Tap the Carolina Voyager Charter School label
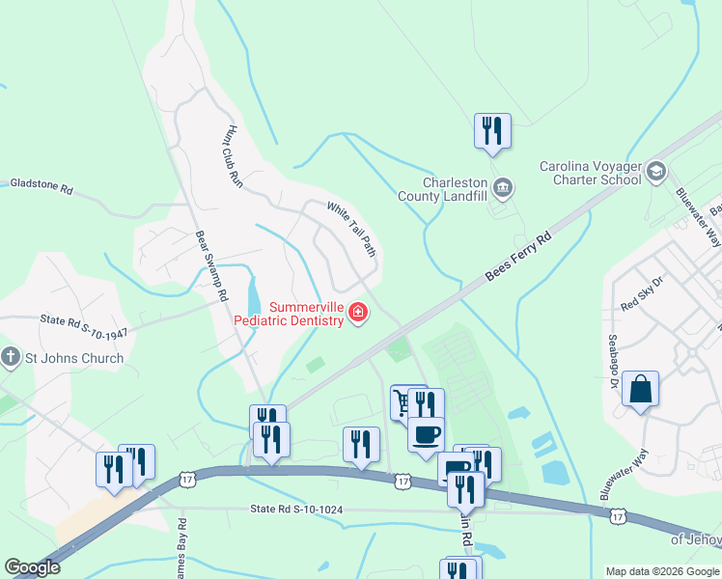[x=590, y=173]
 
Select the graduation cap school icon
[x=656, y=172]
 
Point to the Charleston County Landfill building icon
[x=502, y=186]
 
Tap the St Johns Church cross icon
[x=11, y=358]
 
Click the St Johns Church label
[x=73, y=358]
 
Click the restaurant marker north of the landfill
[x=492, y=130]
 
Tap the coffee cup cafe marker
[x=426, y=435]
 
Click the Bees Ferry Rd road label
[x=518, y=256]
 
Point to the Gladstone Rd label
[x=41, y=185]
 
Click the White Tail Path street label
[x=350, y=228]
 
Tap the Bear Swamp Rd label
[x=210, y=264]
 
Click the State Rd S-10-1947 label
[x=83, y=325]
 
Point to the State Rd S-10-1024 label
[x=295, y=508]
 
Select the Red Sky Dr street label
[x=644, y=294]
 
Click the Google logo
[x=33, y=567]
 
